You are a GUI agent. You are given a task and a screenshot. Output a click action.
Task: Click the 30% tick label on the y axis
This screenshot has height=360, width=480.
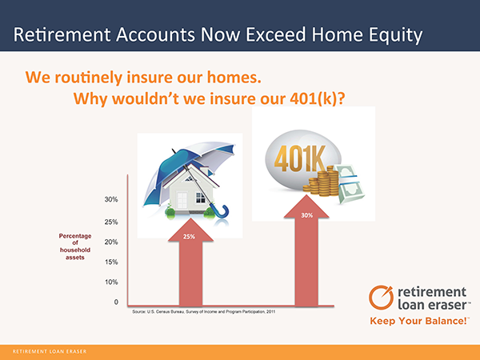tap(111, 199)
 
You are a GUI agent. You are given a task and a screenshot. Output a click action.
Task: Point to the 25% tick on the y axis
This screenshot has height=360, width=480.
tap(111, 222)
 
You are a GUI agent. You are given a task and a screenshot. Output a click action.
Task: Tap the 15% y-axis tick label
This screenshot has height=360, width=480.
tap(111, 262)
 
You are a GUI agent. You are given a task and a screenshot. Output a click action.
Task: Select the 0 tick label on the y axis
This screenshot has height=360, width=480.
tap(116, 302)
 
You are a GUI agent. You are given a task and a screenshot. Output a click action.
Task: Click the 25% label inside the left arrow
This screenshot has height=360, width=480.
tap(189, 237)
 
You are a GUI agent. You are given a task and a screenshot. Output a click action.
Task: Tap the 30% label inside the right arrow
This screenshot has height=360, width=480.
tap(306, 215)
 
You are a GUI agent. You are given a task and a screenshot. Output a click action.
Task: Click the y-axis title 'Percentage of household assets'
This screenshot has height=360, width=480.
tap(75, 246)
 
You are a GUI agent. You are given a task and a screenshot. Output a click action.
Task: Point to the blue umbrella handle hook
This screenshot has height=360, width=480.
tap(222, 212)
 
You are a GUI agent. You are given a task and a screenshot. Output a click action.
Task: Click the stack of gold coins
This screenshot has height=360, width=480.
tap(322, 182)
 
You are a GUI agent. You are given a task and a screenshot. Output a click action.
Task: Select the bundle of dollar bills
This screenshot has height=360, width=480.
tap(350, 184)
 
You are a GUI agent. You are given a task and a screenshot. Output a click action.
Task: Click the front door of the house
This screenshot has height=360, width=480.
tap(182, 201)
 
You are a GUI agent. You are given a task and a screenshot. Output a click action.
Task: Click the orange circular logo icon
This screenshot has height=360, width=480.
tap(381, 298)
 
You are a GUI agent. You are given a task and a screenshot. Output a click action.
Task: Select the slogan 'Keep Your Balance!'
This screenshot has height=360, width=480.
tap(420, 321)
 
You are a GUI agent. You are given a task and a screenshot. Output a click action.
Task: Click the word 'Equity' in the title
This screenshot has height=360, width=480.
tap(395, 34)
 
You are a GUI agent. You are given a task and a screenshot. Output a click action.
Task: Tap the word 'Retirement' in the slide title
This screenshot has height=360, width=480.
tap(62, 34)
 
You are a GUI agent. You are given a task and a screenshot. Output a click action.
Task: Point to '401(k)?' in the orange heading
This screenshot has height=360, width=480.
tap(318, 98)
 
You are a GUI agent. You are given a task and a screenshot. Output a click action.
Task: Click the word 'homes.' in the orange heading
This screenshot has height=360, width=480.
tap(234, 77)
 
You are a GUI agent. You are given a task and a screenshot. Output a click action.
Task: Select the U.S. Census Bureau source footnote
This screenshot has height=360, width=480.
tap(203, 312)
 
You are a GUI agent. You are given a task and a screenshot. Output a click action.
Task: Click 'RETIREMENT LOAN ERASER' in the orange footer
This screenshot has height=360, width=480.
tap(50, 351)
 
